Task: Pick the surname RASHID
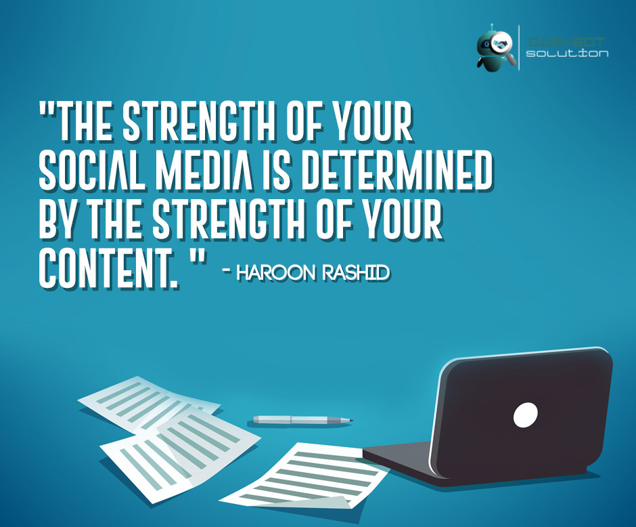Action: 359,273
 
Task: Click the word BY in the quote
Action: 57,220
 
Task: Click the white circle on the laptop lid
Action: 525,415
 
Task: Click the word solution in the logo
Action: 567,53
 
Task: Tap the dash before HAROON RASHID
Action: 227,273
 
